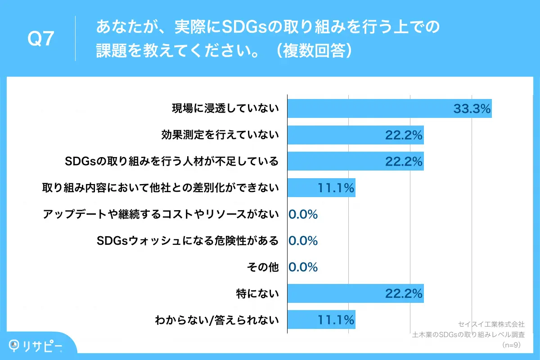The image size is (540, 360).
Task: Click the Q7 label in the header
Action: pos(41,39)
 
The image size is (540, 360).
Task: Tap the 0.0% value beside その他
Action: pos(303,267)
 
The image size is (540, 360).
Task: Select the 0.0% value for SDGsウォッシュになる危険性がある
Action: pos(303,241)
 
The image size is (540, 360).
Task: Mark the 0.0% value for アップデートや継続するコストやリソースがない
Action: pos(303,215)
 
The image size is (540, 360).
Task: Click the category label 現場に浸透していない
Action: pos(225,109)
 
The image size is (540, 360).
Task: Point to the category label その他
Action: pos(263,267)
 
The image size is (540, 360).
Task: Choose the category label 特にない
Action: pos(257,294)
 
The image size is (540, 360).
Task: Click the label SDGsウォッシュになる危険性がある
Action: pos(188,241)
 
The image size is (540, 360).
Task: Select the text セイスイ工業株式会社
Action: pos(491,324)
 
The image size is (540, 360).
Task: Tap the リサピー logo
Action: pos(36,346)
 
